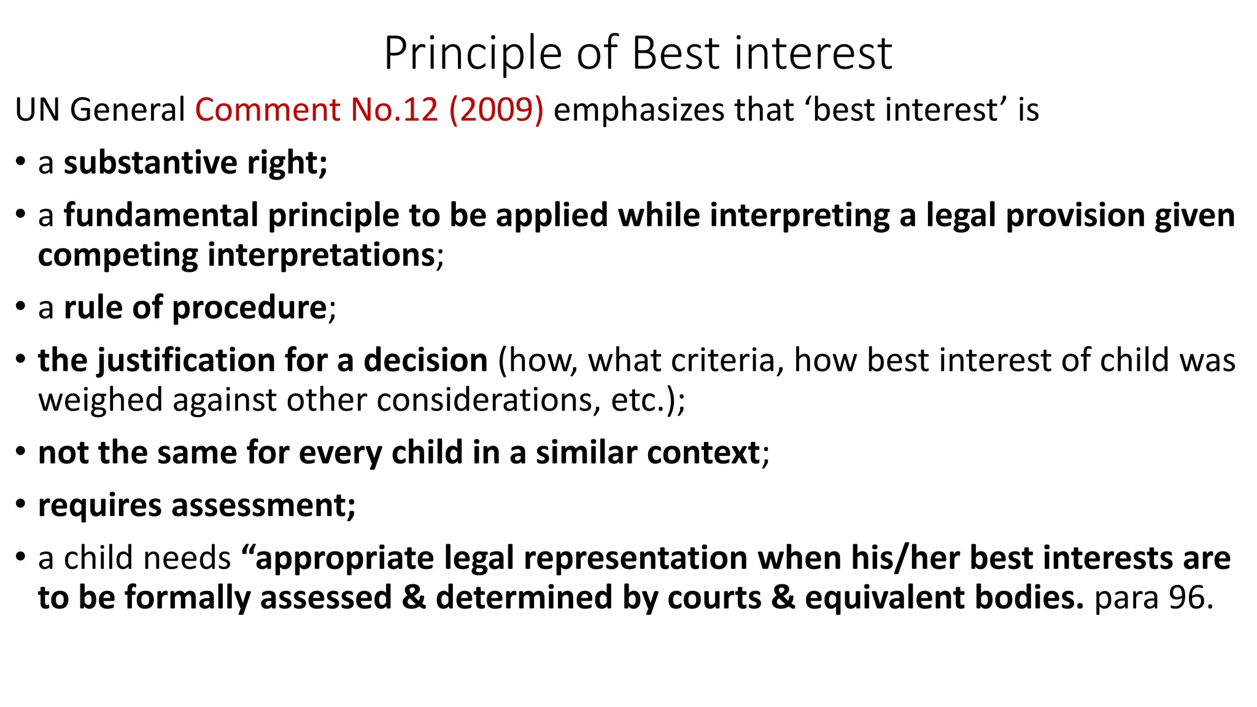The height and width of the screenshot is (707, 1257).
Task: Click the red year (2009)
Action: point(497,110)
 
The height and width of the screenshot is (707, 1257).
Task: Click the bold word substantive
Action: point(150,163)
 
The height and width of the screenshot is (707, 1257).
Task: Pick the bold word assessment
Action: point(263,506)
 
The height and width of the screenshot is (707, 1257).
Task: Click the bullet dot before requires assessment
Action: point(21,504)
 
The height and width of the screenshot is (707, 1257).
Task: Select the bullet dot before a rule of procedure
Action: point(21,306)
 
